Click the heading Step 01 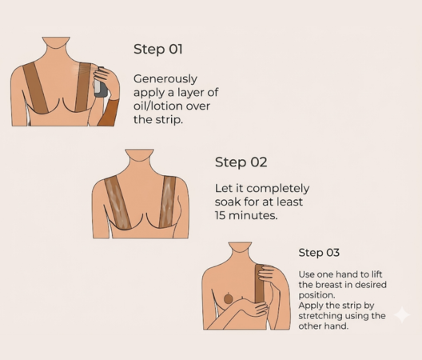click(157, 50)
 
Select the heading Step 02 click(241, 162)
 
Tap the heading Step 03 click(319, 253)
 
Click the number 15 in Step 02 click(222, 216)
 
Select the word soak click(229, 202)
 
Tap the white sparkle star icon click(401, 314)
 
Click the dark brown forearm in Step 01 click(107, 112)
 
